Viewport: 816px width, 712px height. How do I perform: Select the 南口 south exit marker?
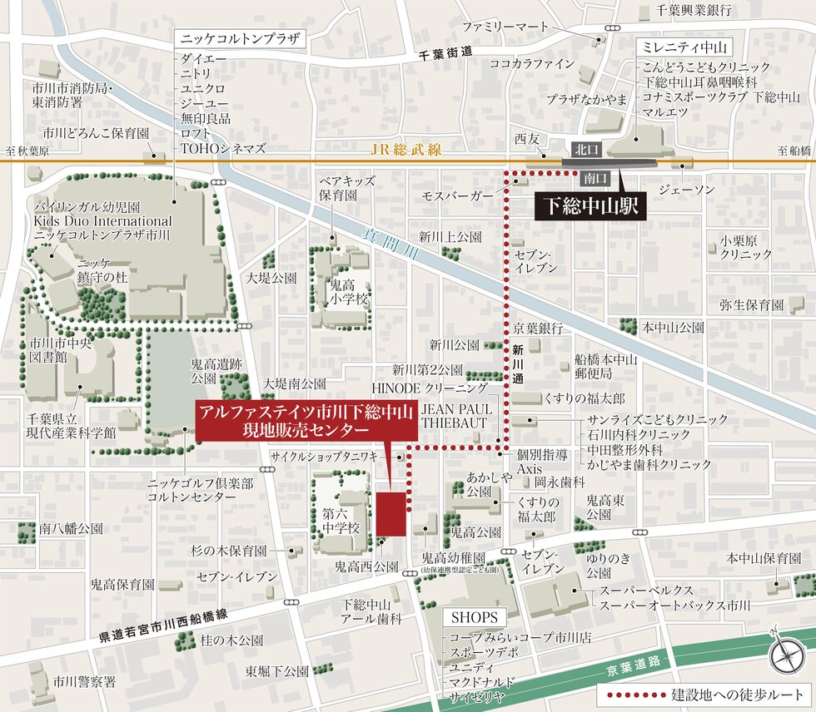tap(595, 177)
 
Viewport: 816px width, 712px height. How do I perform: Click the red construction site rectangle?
tap(391, 514)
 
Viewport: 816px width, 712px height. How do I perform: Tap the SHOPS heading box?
tap(475, 618)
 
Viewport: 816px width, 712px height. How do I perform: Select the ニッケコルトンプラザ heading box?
tap(239, 39)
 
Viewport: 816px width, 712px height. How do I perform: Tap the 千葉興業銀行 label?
tap(693, 11)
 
